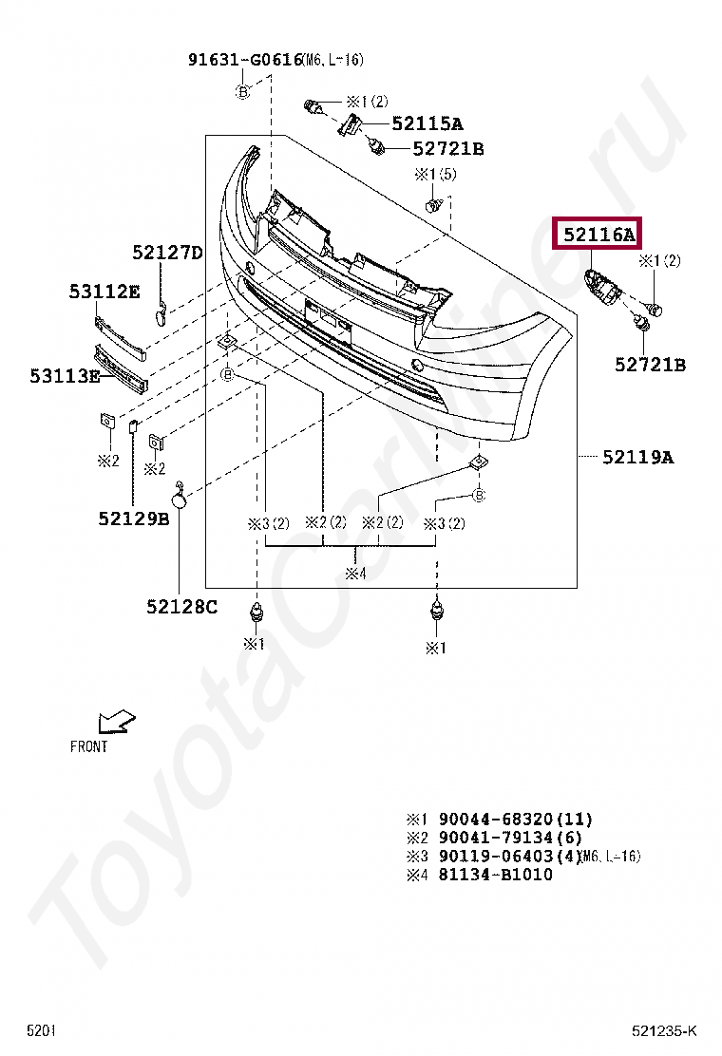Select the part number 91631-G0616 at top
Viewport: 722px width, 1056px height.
[244, 60]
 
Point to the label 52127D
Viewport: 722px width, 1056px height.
[167, 253]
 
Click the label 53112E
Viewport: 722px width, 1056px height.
[104, 292]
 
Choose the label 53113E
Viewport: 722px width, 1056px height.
[64, 376]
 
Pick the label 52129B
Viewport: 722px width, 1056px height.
[133, 518]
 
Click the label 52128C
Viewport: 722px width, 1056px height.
[181, 605]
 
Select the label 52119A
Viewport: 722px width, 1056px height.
[637, 458]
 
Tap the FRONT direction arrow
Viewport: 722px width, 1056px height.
[116, 721]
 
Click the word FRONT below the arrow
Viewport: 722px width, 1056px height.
[89, 746]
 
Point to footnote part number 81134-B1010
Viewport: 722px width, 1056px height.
[495, 875]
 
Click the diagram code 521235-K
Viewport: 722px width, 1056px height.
[665, 1030]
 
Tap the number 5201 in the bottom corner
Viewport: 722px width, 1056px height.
[41, 1030]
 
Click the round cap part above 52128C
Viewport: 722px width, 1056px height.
[179, 491]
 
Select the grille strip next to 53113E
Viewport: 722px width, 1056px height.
[122, 370]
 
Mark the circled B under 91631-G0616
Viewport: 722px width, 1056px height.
[242, 91]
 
